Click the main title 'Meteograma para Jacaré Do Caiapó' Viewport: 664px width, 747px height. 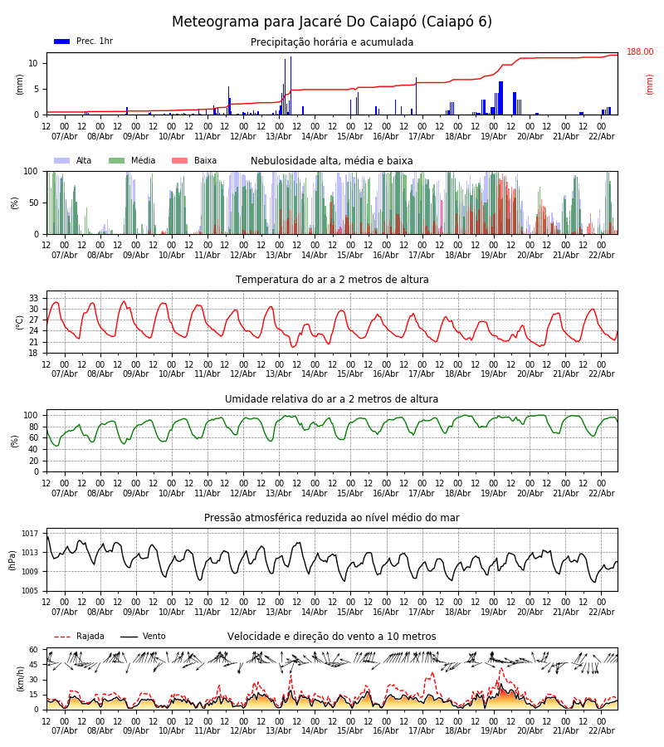click(332, 22)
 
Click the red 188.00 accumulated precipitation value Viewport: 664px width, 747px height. click(639, 52)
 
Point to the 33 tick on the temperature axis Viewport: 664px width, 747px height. click(34, 298)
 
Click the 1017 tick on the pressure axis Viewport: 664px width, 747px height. click(31, 534)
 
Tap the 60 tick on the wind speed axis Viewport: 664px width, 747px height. click(34, 650)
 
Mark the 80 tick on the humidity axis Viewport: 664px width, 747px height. click(34, 427)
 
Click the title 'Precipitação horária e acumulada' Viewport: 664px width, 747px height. click(332, 42)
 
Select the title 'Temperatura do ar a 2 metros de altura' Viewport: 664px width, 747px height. click(332, 280)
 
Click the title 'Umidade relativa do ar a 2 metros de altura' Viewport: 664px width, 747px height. click(332, 399)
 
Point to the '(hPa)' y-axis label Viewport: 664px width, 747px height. click(13, 559)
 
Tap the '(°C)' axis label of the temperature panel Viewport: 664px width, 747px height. click(20, 322)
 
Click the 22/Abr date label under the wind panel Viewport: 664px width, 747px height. click(601, 730)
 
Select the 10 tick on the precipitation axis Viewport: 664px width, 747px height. click(33, 63)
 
